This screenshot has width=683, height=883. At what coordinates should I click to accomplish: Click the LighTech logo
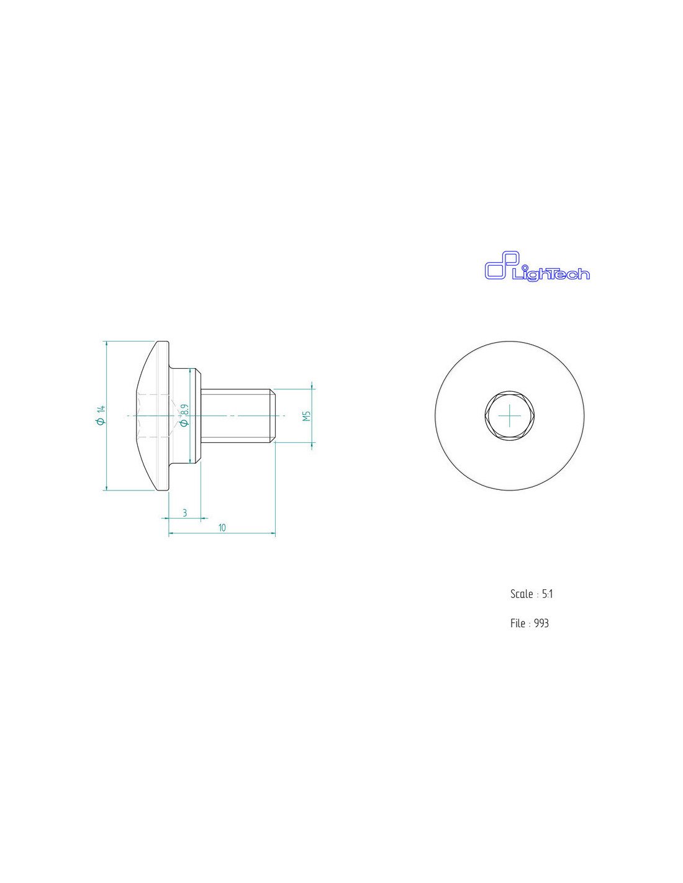536,266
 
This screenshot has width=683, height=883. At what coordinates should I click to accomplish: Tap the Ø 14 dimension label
101,415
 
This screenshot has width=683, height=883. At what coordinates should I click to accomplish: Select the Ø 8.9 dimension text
184,415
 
